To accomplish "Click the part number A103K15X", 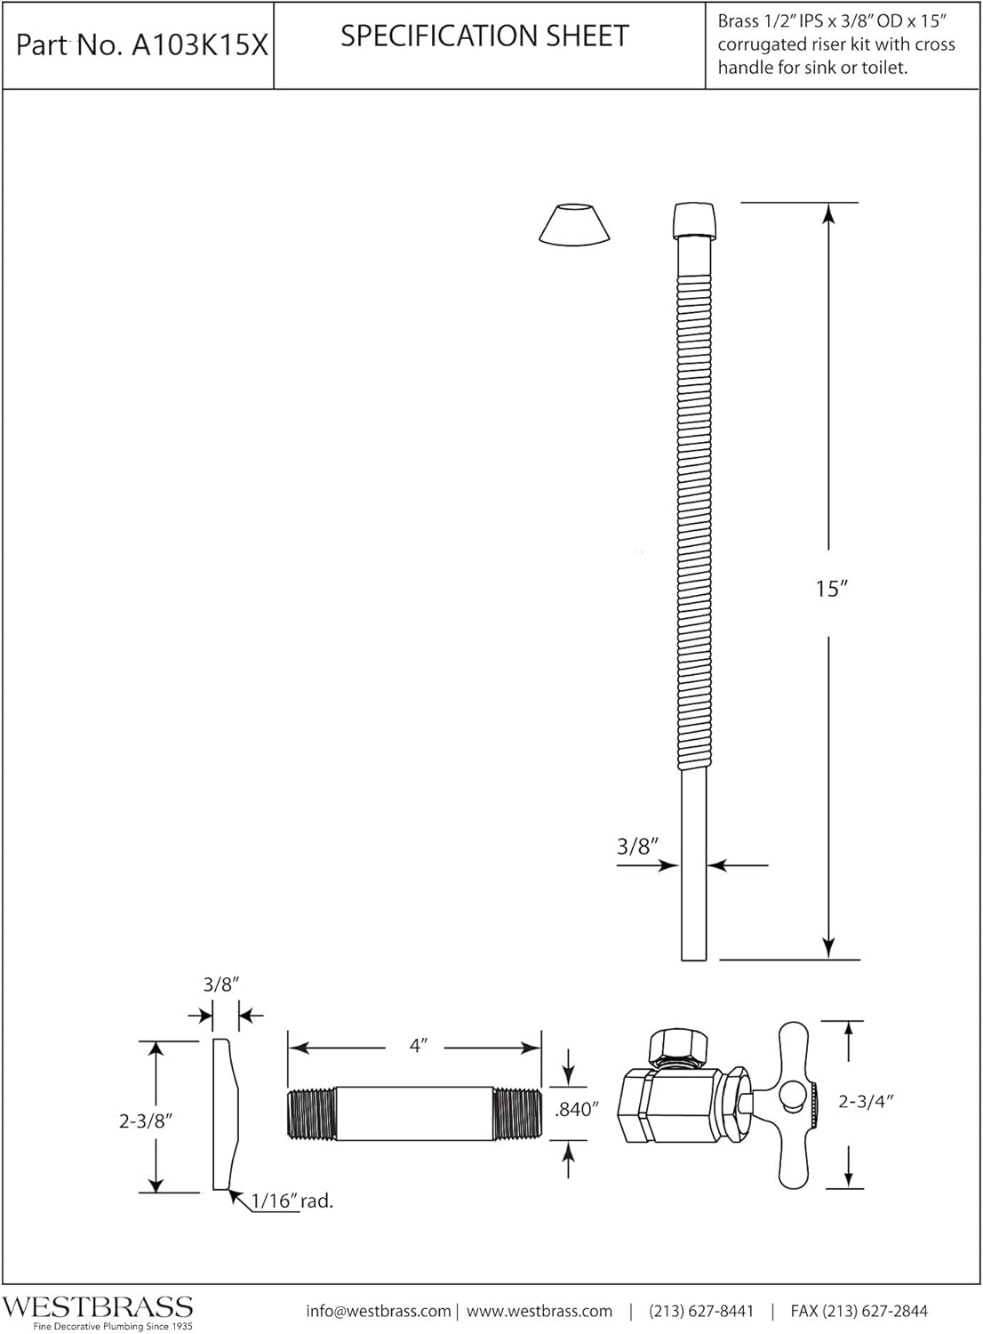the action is [x=199, y=46].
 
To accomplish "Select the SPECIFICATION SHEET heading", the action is [x=484, y=36].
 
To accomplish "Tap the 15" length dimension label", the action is [x=831, y=589].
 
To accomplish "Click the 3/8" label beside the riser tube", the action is [x=637, y=847].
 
